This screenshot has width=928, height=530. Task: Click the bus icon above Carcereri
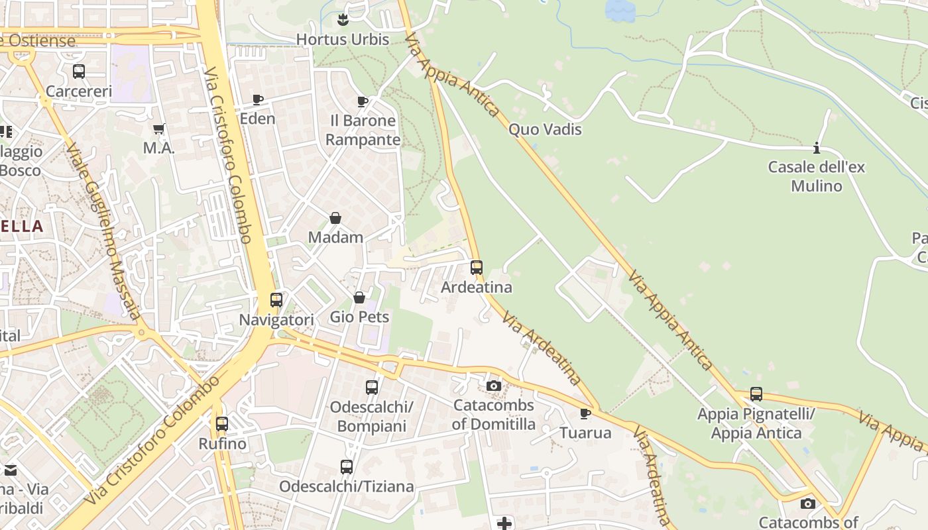tap(79, 72)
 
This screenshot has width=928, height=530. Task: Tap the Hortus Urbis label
tap(343, 40)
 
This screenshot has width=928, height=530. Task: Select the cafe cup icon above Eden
tap(258, 100)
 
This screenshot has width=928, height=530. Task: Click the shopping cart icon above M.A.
tap(158, 129)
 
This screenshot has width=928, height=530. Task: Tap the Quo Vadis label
tap(545, 129)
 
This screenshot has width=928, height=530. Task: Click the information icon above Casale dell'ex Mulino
tap(817, 148)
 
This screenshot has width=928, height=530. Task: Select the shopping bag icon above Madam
tap(335, 218)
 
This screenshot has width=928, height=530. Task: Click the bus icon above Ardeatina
tap(477, 268)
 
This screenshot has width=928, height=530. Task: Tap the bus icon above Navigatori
tap(276, 300)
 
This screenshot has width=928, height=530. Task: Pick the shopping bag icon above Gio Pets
tap(359, 297)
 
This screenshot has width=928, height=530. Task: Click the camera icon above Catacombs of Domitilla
tap(493, 386)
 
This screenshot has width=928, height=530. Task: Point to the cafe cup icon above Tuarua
tap(585, 414)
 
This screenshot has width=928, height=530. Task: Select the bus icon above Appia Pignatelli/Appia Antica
tap(756, 394)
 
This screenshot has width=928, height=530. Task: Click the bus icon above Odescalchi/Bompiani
tap(372, 387)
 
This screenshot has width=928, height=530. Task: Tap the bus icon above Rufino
tap(222, 423)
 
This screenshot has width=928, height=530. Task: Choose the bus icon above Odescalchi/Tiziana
tap(346, 467)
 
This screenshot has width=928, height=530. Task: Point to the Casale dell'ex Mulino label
tap(817, 176)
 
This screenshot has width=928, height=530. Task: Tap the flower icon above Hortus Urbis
tap(343, 20)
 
